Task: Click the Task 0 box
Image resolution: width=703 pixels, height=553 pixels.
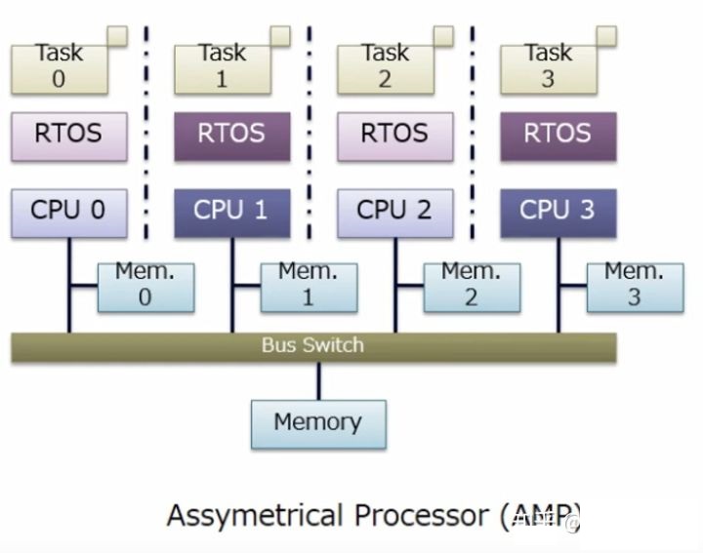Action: [59, 65]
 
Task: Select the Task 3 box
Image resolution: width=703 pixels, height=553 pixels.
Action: [548, 65]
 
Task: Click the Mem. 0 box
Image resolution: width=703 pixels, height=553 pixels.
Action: [145, 286]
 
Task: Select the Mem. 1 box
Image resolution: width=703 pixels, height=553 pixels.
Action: [309, 286]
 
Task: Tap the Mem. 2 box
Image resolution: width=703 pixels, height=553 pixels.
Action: [472, 286]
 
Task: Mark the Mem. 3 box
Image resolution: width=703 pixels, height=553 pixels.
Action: [635, 286]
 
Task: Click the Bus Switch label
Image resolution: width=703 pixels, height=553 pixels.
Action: [312, 345]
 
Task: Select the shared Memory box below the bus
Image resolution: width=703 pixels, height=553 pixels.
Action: [318, 423]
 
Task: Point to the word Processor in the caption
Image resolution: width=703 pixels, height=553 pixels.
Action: [426, 516]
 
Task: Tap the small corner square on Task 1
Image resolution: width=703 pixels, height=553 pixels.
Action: [280, 36]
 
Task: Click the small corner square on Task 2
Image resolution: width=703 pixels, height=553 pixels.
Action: [443, 36]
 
